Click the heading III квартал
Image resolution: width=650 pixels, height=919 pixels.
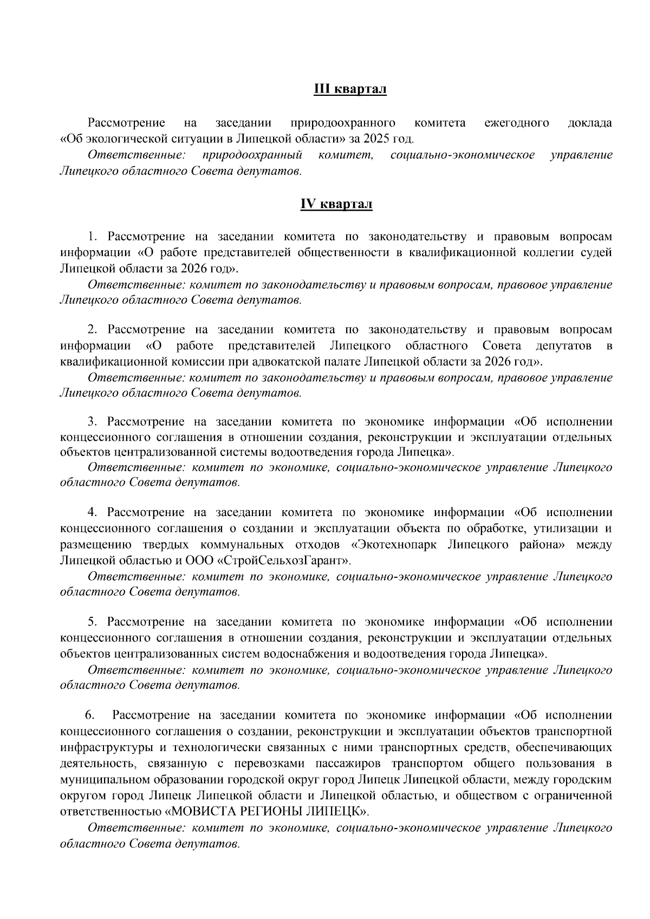point(350,89)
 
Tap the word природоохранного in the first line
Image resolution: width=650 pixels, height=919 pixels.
point(342,123)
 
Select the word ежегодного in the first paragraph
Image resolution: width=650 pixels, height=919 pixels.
point(517,123)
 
